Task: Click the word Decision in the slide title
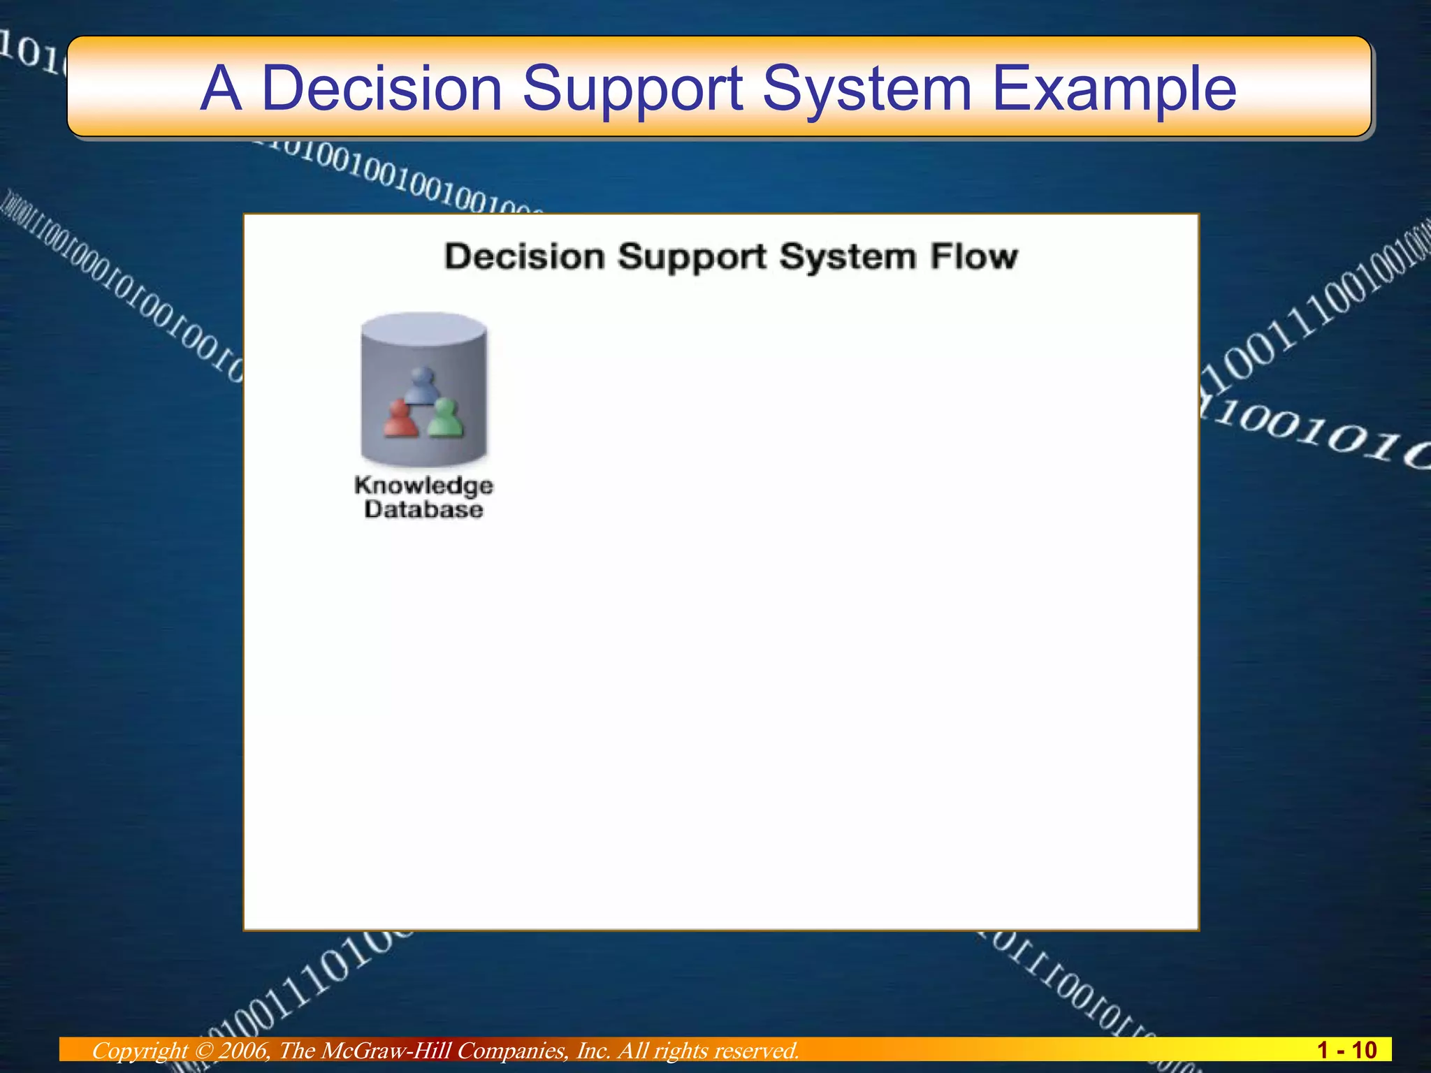click(382, 89)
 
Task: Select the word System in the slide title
click(867, 89)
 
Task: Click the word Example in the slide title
click(1114, 89)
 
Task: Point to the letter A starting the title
click(221, 89)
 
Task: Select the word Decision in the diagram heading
click(524, 256)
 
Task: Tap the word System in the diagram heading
click(848, 256)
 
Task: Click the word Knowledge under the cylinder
click(423, 486)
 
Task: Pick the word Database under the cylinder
click(423, 509)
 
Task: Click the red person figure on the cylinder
click(400, 419)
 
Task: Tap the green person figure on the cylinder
click(444, 418)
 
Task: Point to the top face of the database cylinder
click(423, 326)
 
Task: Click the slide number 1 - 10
click(1346, 1050)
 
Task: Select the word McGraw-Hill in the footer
click(386, 1051)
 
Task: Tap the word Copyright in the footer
click(139, 1051)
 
